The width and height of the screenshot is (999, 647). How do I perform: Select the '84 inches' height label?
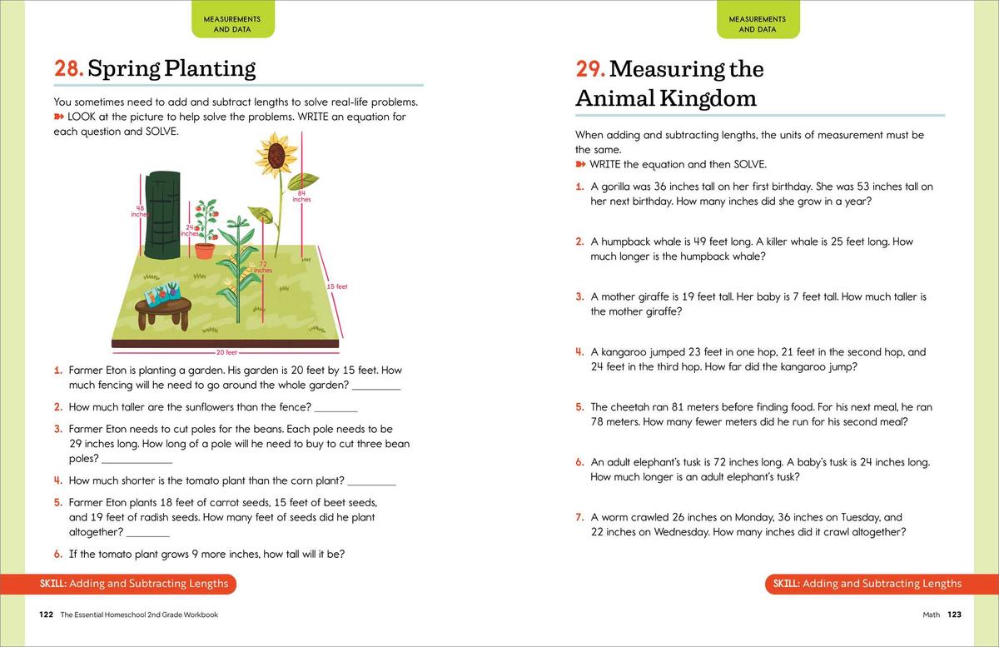(301, 197)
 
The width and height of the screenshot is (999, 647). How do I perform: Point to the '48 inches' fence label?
(139, 211)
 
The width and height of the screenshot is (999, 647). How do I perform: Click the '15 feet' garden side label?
(337, 286)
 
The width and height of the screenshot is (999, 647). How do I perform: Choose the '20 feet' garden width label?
(226, 352)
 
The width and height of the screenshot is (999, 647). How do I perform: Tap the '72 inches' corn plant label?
(261, 267)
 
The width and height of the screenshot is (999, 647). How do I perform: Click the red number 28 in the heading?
(67, 68)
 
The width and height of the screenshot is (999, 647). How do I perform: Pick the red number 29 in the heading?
(589, 68)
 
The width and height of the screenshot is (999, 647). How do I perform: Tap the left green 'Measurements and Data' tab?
(232, 23)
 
